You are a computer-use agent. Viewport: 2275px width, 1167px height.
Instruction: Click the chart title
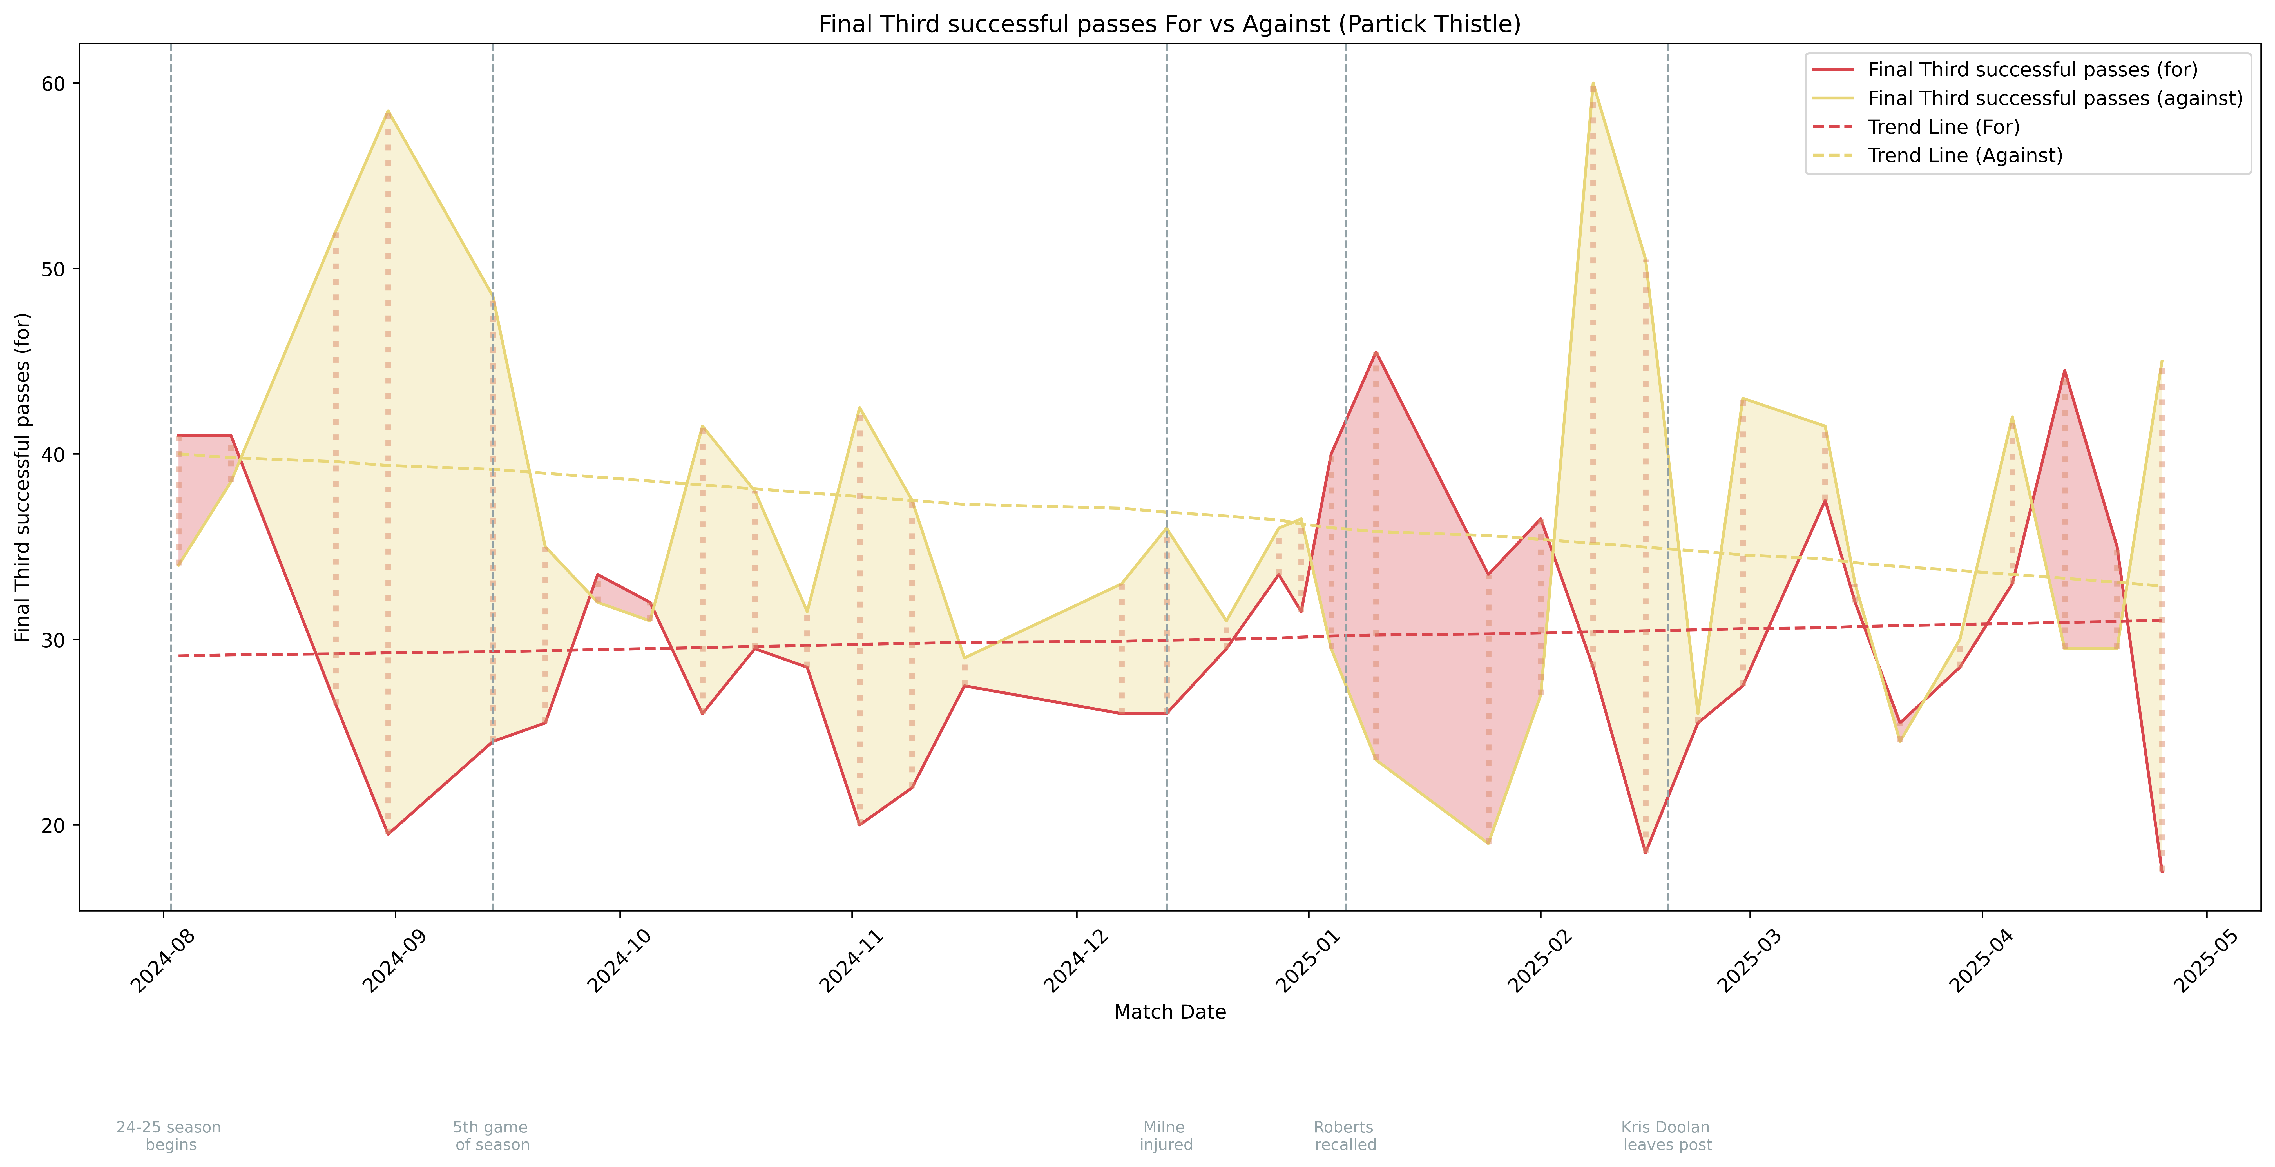[x=1169, y=24]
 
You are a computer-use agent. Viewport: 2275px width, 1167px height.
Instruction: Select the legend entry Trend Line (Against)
[x=1965, y=155]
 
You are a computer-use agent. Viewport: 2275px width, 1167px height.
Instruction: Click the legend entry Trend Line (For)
[x=1943, y=127]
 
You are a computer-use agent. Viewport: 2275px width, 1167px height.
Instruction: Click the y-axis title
[x=23, y=477]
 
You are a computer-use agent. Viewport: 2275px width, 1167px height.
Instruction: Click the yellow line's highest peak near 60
[x=1592, y=84]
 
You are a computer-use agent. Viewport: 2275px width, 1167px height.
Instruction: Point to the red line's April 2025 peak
[x=2064, y=371]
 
